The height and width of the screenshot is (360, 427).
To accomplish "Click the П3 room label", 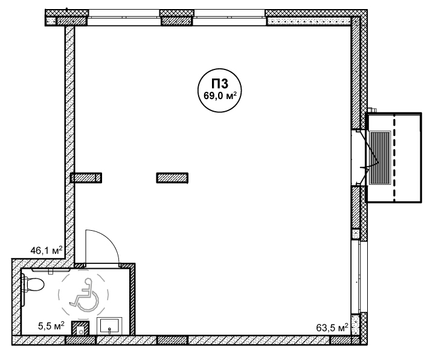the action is pos(219,84).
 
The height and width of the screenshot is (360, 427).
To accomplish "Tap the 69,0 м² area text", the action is pos(219,96).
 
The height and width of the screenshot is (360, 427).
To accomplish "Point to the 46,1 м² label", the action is pos(47,250).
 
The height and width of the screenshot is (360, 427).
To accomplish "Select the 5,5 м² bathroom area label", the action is pos(51,326).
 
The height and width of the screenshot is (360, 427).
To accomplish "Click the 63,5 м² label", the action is pos(332,327).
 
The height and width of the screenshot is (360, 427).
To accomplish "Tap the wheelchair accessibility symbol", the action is pos(85,295).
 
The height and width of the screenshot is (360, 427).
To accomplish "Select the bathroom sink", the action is pos(109,326).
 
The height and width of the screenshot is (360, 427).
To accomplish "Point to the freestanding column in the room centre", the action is pos(172,178).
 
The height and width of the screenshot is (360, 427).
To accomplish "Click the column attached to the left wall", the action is pos(86,178).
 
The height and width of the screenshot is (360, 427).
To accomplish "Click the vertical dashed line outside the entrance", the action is pos(394,158).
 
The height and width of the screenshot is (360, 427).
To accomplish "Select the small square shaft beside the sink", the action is pos(80,328).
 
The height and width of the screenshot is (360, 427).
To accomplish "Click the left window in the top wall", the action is pos(123,18).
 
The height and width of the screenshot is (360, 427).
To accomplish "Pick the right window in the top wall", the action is pos(230,18).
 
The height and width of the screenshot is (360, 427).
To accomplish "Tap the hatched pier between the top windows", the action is pos(176,18).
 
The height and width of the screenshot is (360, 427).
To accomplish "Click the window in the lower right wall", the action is pos(356,277).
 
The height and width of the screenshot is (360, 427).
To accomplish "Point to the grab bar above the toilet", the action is pos(51,271).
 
